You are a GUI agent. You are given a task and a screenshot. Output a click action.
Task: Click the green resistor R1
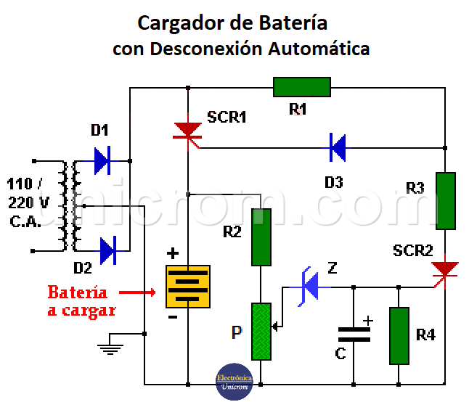(301, 88)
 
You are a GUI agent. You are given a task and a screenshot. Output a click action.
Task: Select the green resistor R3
(445, 201)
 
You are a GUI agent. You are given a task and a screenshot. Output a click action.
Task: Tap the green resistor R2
(261, 237)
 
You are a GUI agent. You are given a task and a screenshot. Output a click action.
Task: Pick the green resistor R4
(399, 336)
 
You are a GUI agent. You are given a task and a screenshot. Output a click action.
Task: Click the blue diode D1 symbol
(102, 160)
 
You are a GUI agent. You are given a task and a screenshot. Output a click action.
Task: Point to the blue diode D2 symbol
(107, 251)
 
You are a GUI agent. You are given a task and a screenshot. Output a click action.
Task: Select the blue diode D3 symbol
(336, 147)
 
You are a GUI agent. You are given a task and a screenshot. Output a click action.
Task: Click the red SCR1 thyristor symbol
(188, 131)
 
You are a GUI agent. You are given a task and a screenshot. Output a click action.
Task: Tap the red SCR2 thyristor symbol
(444, 271)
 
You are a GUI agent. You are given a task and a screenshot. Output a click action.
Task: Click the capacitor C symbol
(354, 335)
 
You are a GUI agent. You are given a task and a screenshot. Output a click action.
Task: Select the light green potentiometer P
(261, 332)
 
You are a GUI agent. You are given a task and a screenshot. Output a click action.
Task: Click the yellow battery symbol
(188, 286)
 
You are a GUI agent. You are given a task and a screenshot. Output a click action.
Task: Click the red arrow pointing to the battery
(138, 292)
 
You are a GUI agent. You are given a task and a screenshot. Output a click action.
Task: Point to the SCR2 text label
(413, 251)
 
